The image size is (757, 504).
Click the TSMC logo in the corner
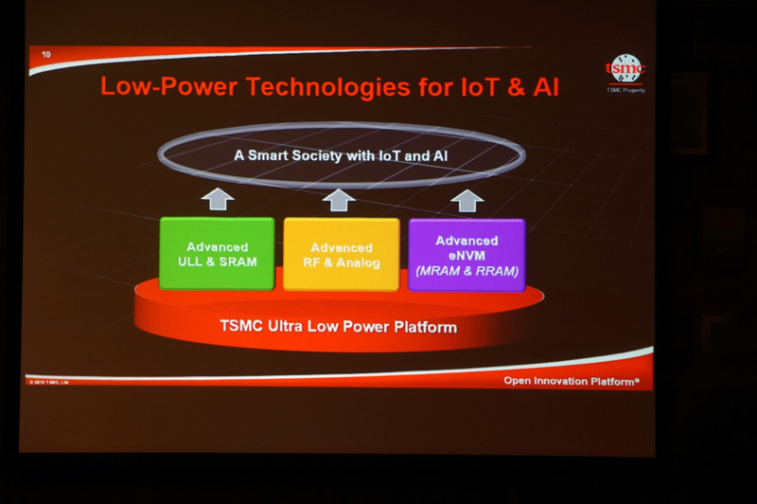[x=625, y=68]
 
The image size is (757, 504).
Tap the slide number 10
[x=45, y=57]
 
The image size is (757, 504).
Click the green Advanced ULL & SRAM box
[x=217, y=253]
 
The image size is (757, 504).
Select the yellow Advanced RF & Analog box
[x=341, y=254]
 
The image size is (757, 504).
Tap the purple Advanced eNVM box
[x=467, y=254]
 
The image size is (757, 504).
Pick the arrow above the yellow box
[x=338, y=199]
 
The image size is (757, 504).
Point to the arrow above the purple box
[x=466, y=199]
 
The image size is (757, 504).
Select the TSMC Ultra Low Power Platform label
[x=339, y=328]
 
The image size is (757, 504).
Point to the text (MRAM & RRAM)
[x=467, y=271]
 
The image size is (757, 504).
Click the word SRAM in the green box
[x=238, y=261]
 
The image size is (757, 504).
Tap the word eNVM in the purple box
[x=467, y=255]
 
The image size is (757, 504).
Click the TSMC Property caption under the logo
[x=625, y=90]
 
